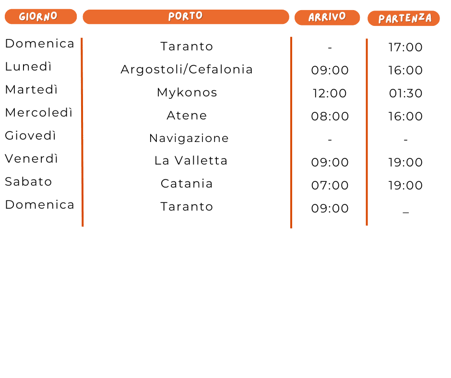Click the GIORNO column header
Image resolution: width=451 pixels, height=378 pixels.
tap(40, 16)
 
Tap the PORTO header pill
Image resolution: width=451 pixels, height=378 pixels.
tap(186, 17)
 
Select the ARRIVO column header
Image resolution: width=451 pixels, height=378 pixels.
tap(327, 17)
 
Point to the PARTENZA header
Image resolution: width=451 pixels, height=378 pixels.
tap(404, 19)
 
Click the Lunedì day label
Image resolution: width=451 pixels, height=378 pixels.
tap(28, 67)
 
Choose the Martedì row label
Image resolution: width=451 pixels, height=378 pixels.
tap(31, 90)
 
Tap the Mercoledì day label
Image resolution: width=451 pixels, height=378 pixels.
tap(39, 113)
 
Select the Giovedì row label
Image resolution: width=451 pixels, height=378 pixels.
tap(30, 136)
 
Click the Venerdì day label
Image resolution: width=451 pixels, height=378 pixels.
tap(31, 159)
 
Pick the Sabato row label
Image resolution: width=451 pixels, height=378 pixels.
tap(28, 182)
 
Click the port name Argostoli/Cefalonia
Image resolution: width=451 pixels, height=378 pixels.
tap(187, 70)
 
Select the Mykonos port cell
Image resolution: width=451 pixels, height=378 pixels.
tap(187, 93)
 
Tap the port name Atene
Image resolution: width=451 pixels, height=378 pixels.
tap(187, 116)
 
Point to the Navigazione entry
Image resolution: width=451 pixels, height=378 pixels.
tap(189, 139)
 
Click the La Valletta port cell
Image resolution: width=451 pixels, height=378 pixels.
tap(190, 161)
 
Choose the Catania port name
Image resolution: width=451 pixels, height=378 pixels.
tap(187, 184)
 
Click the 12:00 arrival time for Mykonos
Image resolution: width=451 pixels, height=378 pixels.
tap(330, 94)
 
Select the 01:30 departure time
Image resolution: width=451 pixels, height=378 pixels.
tap(406, 94)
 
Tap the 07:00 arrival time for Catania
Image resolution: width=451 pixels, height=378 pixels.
tap(330, 186)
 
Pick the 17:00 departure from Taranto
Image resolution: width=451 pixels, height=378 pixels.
tap(406, 47)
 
